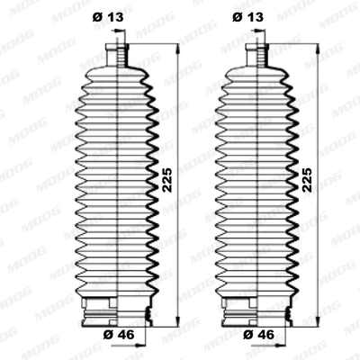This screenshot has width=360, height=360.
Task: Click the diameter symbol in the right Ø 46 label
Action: [x=246, y=334]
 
